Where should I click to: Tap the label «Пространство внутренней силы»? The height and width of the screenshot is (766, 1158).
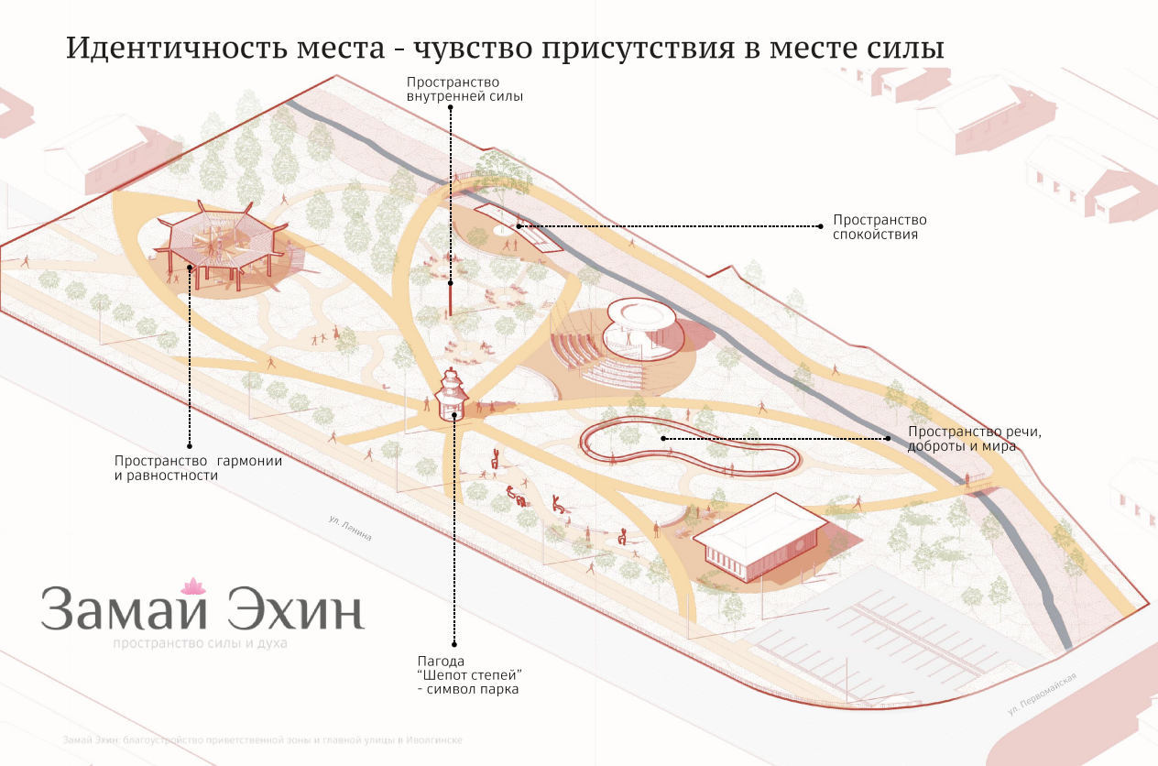coord(464,89)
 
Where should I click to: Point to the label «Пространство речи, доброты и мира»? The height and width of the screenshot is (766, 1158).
coord(975,439)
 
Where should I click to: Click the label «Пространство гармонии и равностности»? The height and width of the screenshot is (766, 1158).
coord(198,468)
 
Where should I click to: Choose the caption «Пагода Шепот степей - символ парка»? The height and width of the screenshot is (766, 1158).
coord(469,674)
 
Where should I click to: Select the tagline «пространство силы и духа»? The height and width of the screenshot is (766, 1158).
coord(200,643)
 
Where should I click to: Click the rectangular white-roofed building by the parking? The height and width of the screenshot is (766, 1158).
coord(759,536)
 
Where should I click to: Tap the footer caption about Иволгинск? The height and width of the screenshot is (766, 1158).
coord(262,739)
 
